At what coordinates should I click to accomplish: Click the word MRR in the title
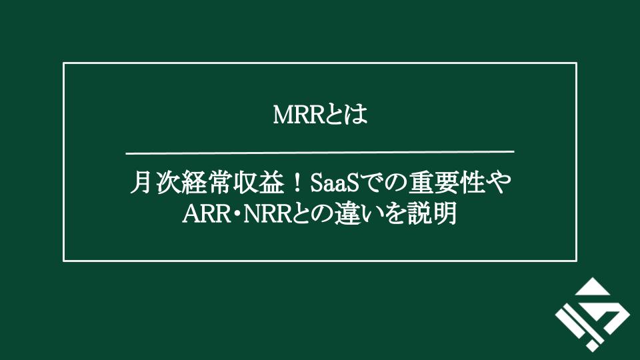pos(297,115)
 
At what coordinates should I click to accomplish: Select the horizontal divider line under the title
pos(320,151)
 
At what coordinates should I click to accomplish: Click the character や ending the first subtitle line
pos(501,183)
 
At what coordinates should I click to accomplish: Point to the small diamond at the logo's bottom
pos(591,345)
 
